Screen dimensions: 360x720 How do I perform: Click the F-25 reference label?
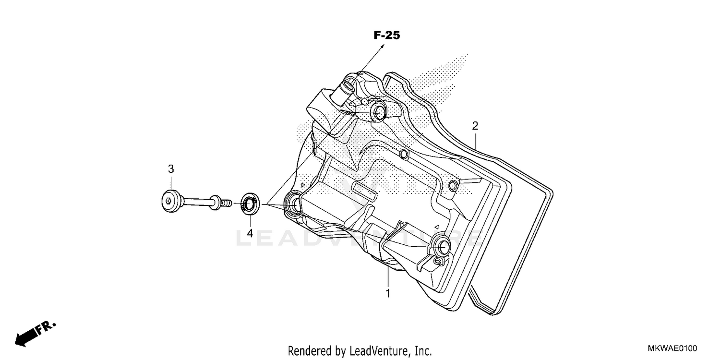pyautogui.click(x=386, y=35)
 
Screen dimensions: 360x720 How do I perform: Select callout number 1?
pyautogui.click(x=388, y=293)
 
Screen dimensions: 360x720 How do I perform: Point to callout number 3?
pyautogui.click(x=170, y=169)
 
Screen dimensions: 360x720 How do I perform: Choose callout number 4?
pyautogui.click(x=250, y=233)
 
